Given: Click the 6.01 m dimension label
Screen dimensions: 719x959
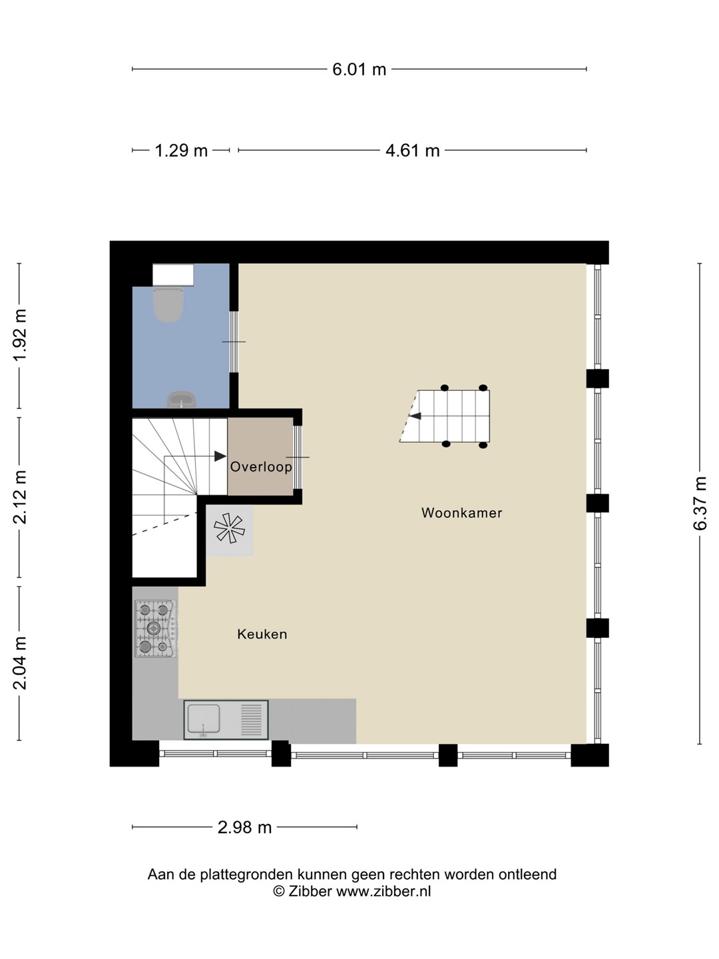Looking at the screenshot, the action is click(359, 69).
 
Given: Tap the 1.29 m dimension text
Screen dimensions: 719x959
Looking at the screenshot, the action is click(181, 151).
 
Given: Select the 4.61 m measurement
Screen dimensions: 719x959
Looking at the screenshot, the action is click(412, 151).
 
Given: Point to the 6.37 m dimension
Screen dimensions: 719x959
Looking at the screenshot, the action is click(700, 503).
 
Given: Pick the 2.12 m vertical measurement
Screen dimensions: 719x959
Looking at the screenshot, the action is click(20, 497).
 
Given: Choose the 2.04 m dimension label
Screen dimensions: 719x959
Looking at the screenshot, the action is click(20, 663).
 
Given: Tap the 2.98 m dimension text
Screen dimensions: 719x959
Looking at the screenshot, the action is click(244, 828).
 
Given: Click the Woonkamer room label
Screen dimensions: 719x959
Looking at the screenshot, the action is click(462, 513).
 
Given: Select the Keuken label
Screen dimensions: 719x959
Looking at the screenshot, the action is click(262, 635).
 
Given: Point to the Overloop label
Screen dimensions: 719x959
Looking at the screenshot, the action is click(261, 467).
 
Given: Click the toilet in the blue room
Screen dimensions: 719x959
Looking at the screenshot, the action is click(168, 304).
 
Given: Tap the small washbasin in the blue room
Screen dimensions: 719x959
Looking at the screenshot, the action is click(181, 400).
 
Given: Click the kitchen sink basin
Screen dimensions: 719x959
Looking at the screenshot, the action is click(204, 719).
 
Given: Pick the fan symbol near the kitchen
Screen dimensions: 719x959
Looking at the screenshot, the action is click(229, 528).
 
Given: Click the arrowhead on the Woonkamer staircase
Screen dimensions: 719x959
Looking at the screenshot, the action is click(415, 416).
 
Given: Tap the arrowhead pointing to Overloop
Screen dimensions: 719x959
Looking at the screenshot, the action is click(220, 456).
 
